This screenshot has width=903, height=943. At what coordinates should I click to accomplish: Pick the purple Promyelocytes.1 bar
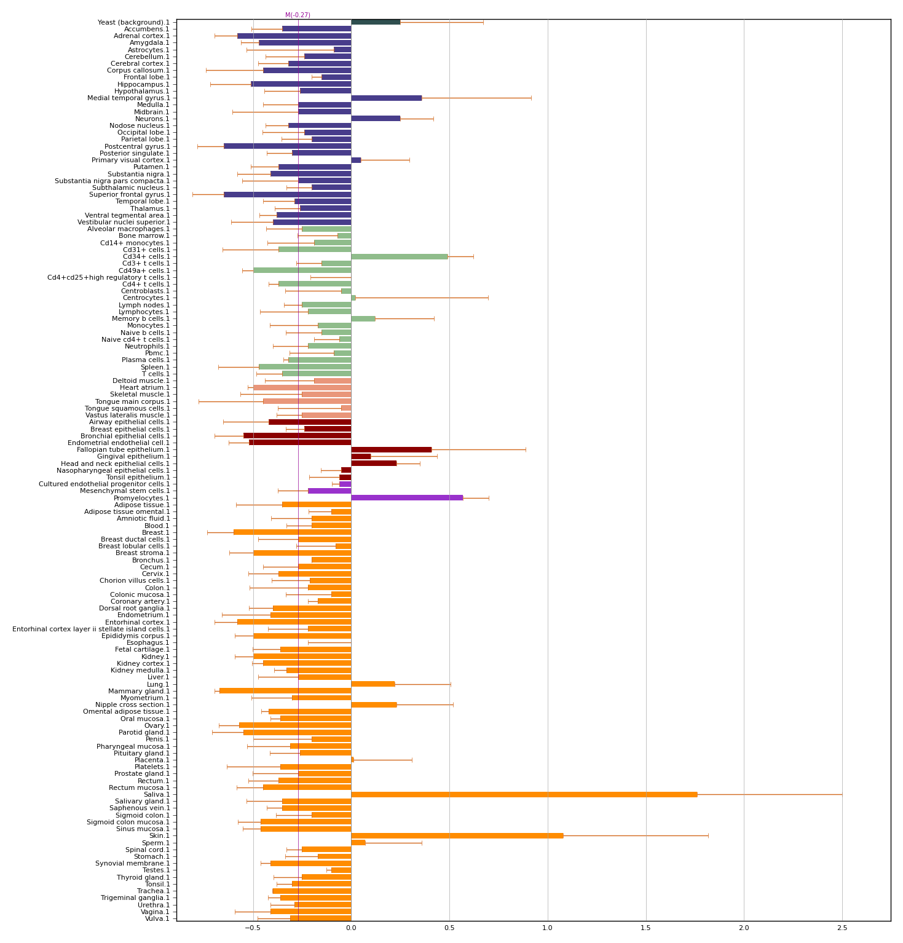pyautogui.click(x=406, y=498)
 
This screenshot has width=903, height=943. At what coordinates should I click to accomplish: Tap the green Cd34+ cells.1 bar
pyautogui.click(x=399, y=256)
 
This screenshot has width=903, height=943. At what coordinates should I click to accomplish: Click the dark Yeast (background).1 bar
pyautogui.click(x=375, y=22)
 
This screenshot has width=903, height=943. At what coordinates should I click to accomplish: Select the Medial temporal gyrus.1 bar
pyautogui.click(x=386, y=98)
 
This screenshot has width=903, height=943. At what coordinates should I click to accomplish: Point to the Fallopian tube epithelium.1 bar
pyautogui.click(x=391, y=449)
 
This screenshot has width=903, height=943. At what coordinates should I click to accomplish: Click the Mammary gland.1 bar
pyautogui.click(x=285, y=691)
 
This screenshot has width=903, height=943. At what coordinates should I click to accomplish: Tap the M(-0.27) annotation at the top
pyautogui.click(x=298, y=15)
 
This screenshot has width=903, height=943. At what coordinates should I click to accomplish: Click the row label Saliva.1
pyautogui.click(x=157, y=794)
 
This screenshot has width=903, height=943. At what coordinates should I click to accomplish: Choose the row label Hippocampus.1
pyautogui.click(x=143, y=84)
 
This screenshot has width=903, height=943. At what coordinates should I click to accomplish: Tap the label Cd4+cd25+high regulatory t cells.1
pyautogui.click(x=109, y=277)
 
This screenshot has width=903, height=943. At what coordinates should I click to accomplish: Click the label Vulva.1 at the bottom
pyautogui.click(x=157, y=918)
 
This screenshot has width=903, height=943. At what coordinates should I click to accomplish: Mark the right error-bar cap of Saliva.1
pyautogui.click(x=842, y=794)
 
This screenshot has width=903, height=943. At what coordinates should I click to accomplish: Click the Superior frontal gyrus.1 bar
pyautogui.click(x=287, y=194)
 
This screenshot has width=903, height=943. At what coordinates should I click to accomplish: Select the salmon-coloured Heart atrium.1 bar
pyautogui.click(x=302, y=387)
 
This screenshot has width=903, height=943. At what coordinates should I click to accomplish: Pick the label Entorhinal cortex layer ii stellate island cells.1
pyautogui.click(x=91, y=629)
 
